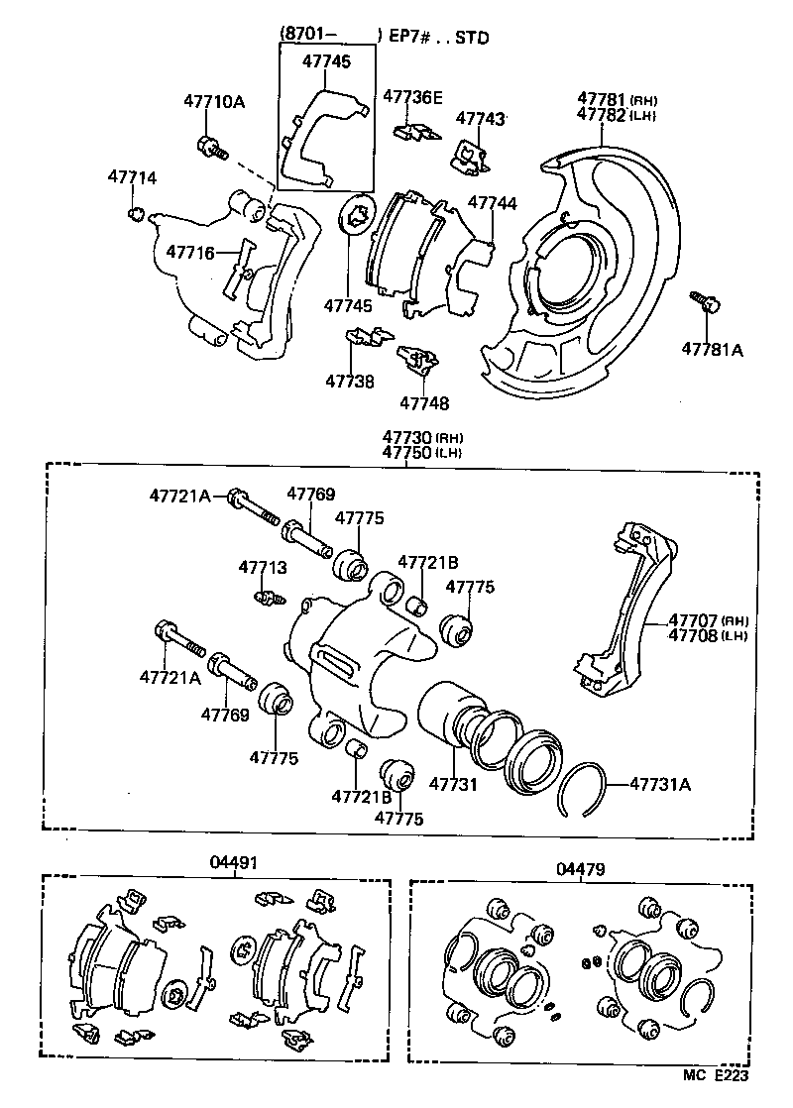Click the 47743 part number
(x=481, y=119)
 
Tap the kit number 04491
(x=233, y=863)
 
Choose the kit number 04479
(x=580, y=869)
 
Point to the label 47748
(x=424, y=403)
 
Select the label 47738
(x=350, y=381)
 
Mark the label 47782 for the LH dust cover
(x=602, y=115)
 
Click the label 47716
(x=190, y=253)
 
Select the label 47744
(x=493, y=203)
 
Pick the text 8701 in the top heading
(x=306, y=37)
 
